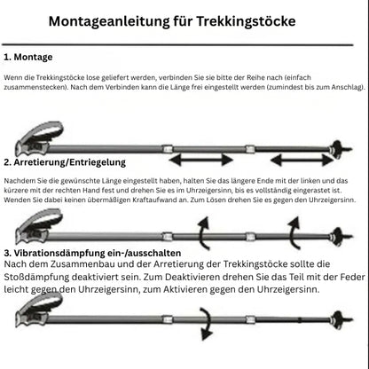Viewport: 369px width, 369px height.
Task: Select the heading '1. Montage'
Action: click(28, 56)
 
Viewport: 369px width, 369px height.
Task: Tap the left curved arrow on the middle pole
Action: click(202, 235)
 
